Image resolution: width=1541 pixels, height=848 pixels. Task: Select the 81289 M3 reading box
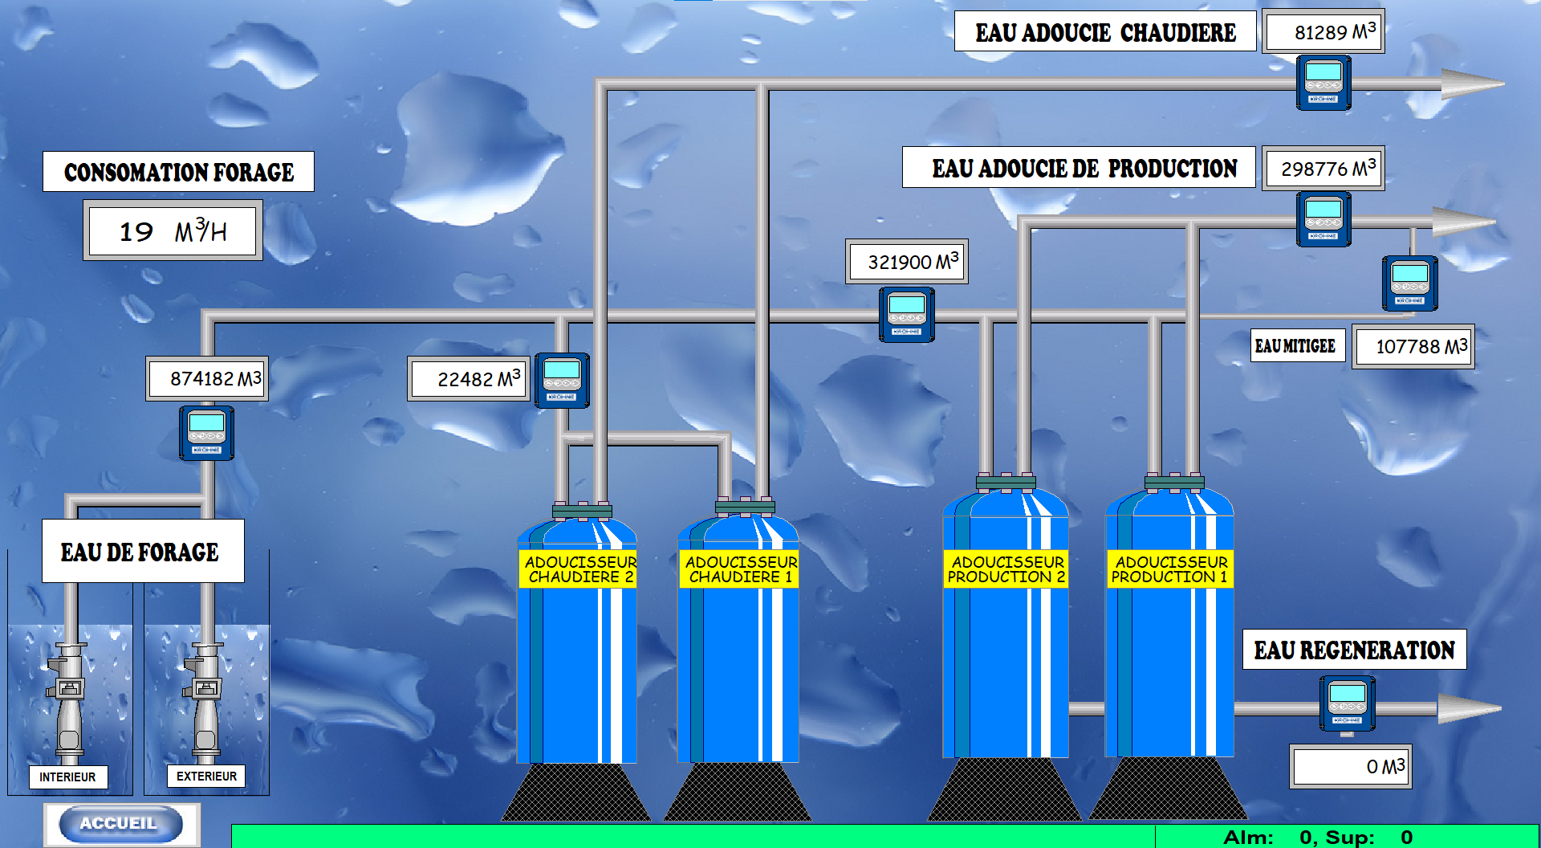click(x=1323, y=31)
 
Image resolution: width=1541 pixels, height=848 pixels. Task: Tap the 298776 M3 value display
click(x=1323, y=168)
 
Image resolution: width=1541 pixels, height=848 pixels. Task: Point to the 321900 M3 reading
click(x=907, y=261)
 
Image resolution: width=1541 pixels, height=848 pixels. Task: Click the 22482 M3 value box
click(x=469, y=378)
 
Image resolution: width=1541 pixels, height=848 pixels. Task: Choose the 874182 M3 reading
click(x=207, y=378)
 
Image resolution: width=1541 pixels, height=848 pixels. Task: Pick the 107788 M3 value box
click(x=1413, y=346)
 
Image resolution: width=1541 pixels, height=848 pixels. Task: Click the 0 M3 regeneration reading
click(x=1351, y=766)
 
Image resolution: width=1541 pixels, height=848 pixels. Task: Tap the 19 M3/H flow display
click(x=173, y=230)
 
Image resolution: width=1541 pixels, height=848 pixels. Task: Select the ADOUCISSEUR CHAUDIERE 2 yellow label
click(x=578, y=569)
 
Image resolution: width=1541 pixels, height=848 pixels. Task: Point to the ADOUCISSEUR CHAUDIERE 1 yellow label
click(x=739, y=569)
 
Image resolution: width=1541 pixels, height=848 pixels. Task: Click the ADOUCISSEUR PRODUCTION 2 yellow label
click(x=1006, y=569)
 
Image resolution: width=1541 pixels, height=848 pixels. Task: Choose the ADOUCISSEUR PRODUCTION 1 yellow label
click(x=1170, y=569)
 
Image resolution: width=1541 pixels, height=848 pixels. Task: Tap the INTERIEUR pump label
click(x=67, y=777)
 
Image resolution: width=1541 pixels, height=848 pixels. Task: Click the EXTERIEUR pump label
click(x=206, y=776)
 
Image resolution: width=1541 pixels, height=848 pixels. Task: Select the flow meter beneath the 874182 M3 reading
click(x=207, y=433)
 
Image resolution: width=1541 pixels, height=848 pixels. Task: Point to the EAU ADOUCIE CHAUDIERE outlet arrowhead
click(x=1473, y=84)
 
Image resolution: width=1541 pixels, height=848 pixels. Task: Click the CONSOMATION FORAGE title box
click(x=178, y=171)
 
